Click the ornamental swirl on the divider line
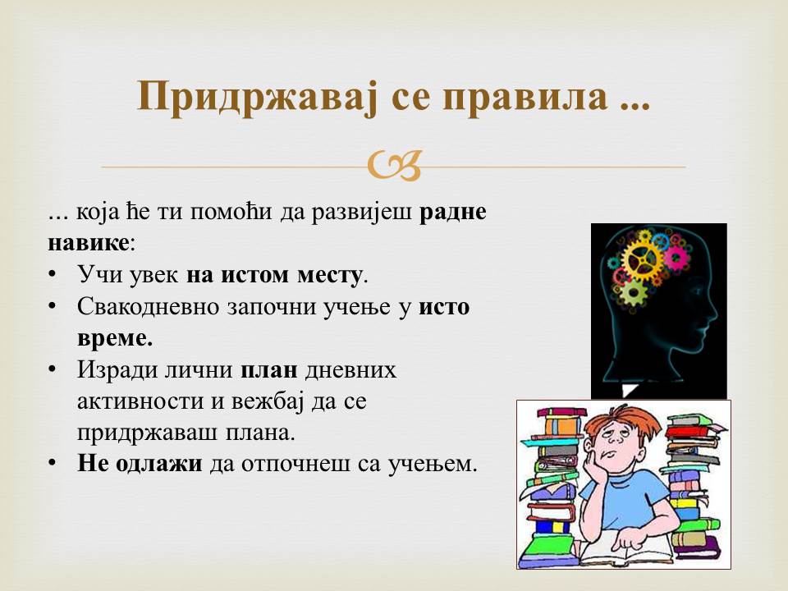(395, 166)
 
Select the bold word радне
(453, 212)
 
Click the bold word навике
(89, 243)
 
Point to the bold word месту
(329, 276)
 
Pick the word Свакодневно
(149, 306)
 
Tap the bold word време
(115, 337)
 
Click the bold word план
(269, 370)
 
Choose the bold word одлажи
(158, 464)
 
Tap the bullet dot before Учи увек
(53, 275)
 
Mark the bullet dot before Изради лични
(53, 369)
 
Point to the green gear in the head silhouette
(633, 292)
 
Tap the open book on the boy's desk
(624, 549)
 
